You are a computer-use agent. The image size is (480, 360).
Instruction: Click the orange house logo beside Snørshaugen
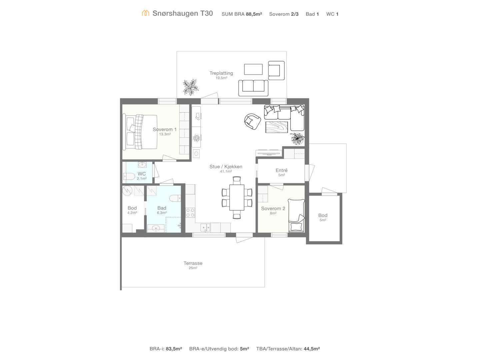point(145,13)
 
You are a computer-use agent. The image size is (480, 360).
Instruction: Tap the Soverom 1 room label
point(164,131)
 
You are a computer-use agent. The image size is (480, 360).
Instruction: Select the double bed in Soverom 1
point(140,132)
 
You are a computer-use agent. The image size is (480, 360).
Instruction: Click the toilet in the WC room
point(129,176)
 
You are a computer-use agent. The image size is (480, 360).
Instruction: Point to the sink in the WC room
point(142,165)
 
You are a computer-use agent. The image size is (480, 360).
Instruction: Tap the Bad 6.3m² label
point(162,210)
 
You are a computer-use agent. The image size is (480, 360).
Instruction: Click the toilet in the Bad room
point(175,198)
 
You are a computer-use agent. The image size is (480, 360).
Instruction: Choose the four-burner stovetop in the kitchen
point(190,213)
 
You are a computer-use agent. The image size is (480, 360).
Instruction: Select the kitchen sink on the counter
point(205,227)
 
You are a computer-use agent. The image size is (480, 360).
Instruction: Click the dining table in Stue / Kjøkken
point(237,197)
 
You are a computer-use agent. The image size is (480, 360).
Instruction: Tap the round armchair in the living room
point(253,121)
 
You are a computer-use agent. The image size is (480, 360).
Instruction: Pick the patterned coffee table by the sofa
point(277,127)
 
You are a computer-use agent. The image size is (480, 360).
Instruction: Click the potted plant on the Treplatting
point(190,87)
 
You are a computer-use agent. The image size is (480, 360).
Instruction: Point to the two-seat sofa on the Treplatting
point(253,88)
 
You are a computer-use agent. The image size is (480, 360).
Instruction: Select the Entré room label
point(281,172)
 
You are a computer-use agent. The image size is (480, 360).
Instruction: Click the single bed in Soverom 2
point(296,215)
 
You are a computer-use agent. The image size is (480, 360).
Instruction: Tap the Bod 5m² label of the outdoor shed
point(323,217)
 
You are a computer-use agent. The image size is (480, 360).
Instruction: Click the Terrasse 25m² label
point(193,265)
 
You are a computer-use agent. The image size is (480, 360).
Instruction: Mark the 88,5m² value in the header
point(254,14)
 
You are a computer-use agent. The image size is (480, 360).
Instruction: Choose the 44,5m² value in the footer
point(312,349)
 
